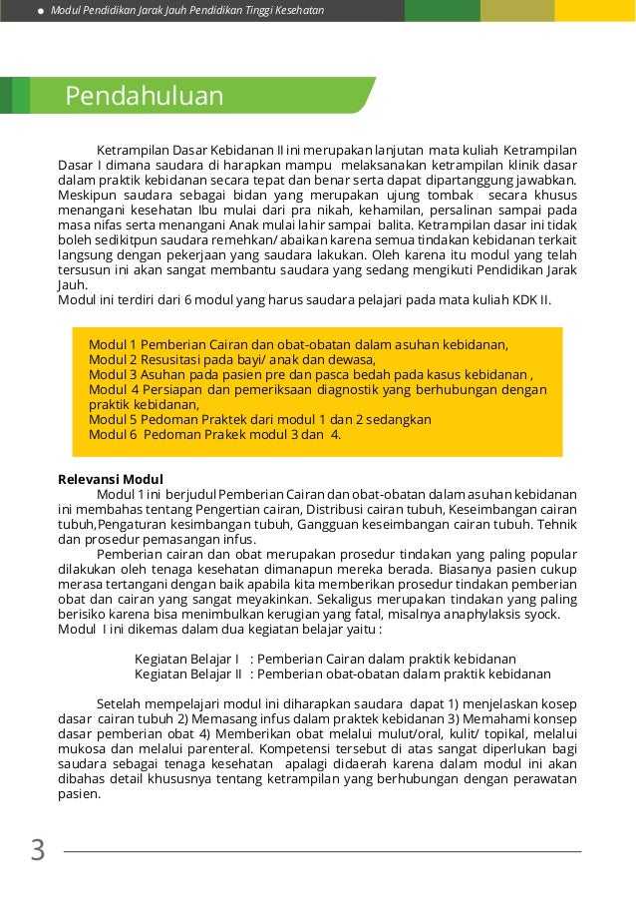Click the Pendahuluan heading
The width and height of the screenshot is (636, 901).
pos(144,96)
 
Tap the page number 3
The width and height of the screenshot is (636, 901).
pos(38,850)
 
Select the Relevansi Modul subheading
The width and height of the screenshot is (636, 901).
pos(111,479)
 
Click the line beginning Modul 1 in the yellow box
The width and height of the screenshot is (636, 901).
pos(298,344)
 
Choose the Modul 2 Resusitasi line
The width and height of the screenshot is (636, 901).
pos(231,359)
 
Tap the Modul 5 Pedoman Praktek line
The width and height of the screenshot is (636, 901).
pos(259,419)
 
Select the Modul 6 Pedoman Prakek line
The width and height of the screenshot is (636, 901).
pos(214,434)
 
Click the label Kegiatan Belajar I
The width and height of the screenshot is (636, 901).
pos(186,659)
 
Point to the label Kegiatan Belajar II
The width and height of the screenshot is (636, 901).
pos(188,674)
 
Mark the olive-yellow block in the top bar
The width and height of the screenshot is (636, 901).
pos(516,11)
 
